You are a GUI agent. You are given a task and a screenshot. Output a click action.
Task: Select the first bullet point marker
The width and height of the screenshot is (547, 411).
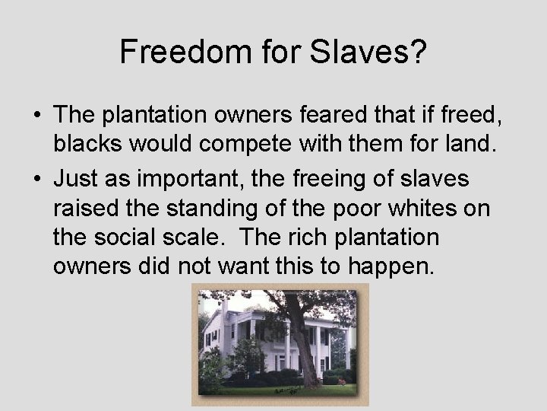coord(36,116)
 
